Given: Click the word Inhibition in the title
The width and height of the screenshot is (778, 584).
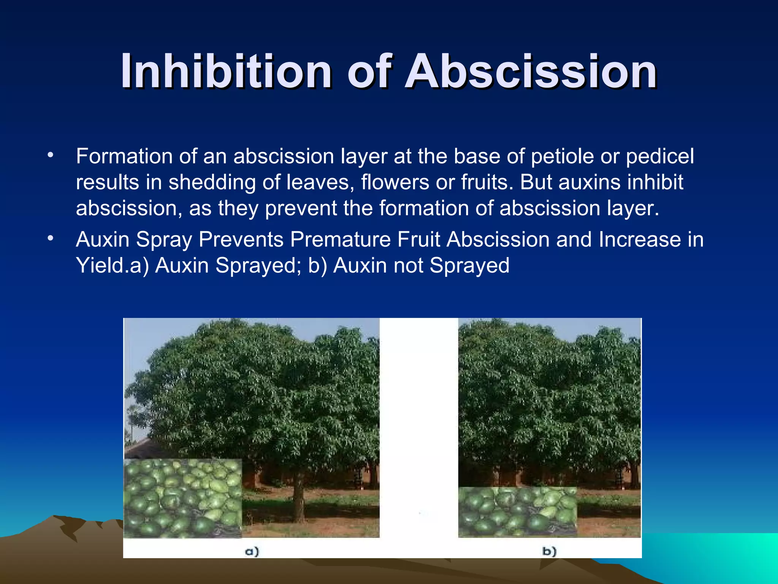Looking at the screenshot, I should coord(226,71).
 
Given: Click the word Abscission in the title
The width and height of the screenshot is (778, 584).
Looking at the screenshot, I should coord(531,71).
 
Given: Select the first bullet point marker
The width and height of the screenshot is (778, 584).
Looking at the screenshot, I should coord(50,155).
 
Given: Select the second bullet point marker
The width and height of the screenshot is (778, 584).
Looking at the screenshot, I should coord(50,238).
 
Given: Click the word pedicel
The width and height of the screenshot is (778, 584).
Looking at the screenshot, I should coord(660,156).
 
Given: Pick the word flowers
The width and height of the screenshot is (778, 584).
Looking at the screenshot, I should coord(395,182).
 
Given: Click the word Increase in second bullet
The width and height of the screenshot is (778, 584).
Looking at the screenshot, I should coord(640,240).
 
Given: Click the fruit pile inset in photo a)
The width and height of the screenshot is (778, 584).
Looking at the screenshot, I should coord(183,498).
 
